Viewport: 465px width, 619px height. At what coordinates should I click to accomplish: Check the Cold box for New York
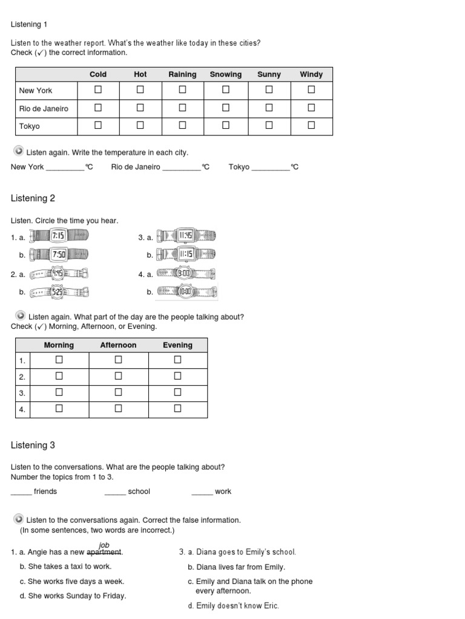pos(98,90)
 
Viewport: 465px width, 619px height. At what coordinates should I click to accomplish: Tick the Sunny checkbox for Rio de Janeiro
pos(269,108)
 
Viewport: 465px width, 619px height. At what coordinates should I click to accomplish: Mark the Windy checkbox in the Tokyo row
pos(311,126)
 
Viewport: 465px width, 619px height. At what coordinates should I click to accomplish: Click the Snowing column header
pos(225,74)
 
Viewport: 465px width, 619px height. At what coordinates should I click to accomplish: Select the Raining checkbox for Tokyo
pos(182,126)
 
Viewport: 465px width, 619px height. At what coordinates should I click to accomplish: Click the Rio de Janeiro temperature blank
pos(181,167)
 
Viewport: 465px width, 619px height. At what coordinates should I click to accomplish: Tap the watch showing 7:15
pos(59,236)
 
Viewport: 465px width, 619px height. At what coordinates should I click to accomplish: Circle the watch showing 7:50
pos(59,254)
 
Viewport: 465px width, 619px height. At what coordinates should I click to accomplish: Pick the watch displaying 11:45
pos(186,236)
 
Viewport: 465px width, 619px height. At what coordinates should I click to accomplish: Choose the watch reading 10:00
pos(186,291)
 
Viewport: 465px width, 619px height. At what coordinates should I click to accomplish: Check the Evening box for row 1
pos(177,360)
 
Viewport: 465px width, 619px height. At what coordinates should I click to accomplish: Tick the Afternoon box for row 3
pos(118,392)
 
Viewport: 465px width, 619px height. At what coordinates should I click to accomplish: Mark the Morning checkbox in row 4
pos(59,409)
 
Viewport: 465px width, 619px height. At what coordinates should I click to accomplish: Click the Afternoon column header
pos(118,345)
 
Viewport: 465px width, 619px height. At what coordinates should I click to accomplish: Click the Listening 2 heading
pos(33,198)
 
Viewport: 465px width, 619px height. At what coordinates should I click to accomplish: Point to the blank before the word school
pos(114,492)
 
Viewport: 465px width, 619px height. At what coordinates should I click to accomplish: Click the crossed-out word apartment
pos(104,552)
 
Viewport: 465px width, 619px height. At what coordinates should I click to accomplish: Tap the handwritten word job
pos(104,545)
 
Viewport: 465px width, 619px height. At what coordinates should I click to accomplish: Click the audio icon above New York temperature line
pos(19,151)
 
